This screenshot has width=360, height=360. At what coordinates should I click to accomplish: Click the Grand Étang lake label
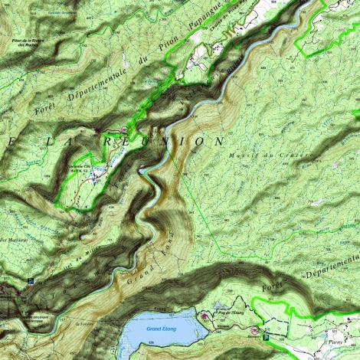162,329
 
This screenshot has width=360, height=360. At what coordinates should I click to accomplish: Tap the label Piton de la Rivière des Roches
25,41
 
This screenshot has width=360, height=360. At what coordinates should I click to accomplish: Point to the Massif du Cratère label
272,155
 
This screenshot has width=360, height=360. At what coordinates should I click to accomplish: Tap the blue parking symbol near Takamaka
30,281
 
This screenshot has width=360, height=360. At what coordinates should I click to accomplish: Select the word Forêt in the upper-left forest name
28,112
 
